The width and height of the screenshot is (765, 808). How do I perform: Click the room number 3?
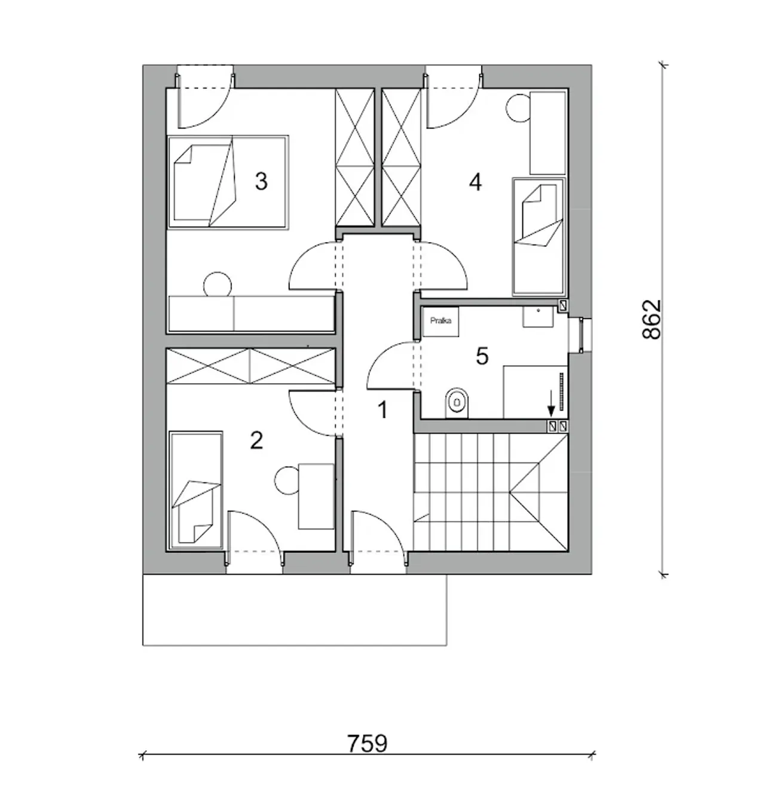pos(261,181)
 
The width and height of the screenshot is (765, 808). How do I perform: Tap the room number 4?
pos(475,182)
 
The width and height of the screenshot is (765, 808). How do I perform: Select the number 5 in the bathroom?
pos(482,356)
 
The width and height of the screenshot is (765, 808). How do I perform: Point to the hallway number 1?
pos(382,410)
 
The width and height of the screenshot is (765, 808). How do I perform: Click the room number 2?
pos(256,440)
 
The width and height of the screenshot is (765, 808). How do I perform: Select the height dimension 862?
pos(651,319)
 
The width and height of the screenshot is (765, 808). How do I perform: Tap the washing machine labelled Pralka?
pos(440,322)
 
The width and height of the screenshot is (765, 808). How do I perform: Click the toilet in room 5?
pos(457,403)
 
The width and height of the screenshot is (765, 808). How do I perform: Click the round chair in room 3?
pos(218,284)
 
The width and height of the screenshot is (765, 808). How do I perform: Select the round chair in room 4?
pos(519,108)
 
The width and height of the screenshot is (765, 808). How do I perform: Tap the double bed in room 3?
pos(228,182)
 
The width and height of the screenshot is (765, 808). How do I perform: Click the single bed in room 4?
pos(539,236)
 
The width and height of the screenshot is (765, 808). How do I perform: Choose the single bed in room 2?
pos(195,490)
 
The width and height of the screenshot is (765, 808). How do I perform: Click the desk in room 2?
pos(316,496)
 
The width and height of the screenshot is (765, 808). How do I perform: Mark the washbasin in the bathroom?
pos(538,317)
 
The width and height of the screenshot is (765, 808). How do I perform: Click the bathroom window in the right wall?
pos(580,335)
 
